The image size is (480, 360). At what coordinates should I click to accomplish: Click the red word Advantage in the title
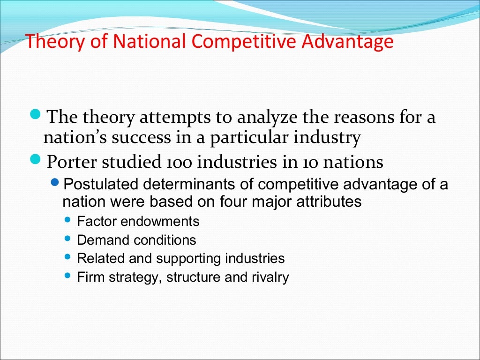[347, 42]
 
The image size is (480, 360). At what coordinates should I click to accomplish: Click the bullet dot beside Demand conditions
[67, 239]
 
